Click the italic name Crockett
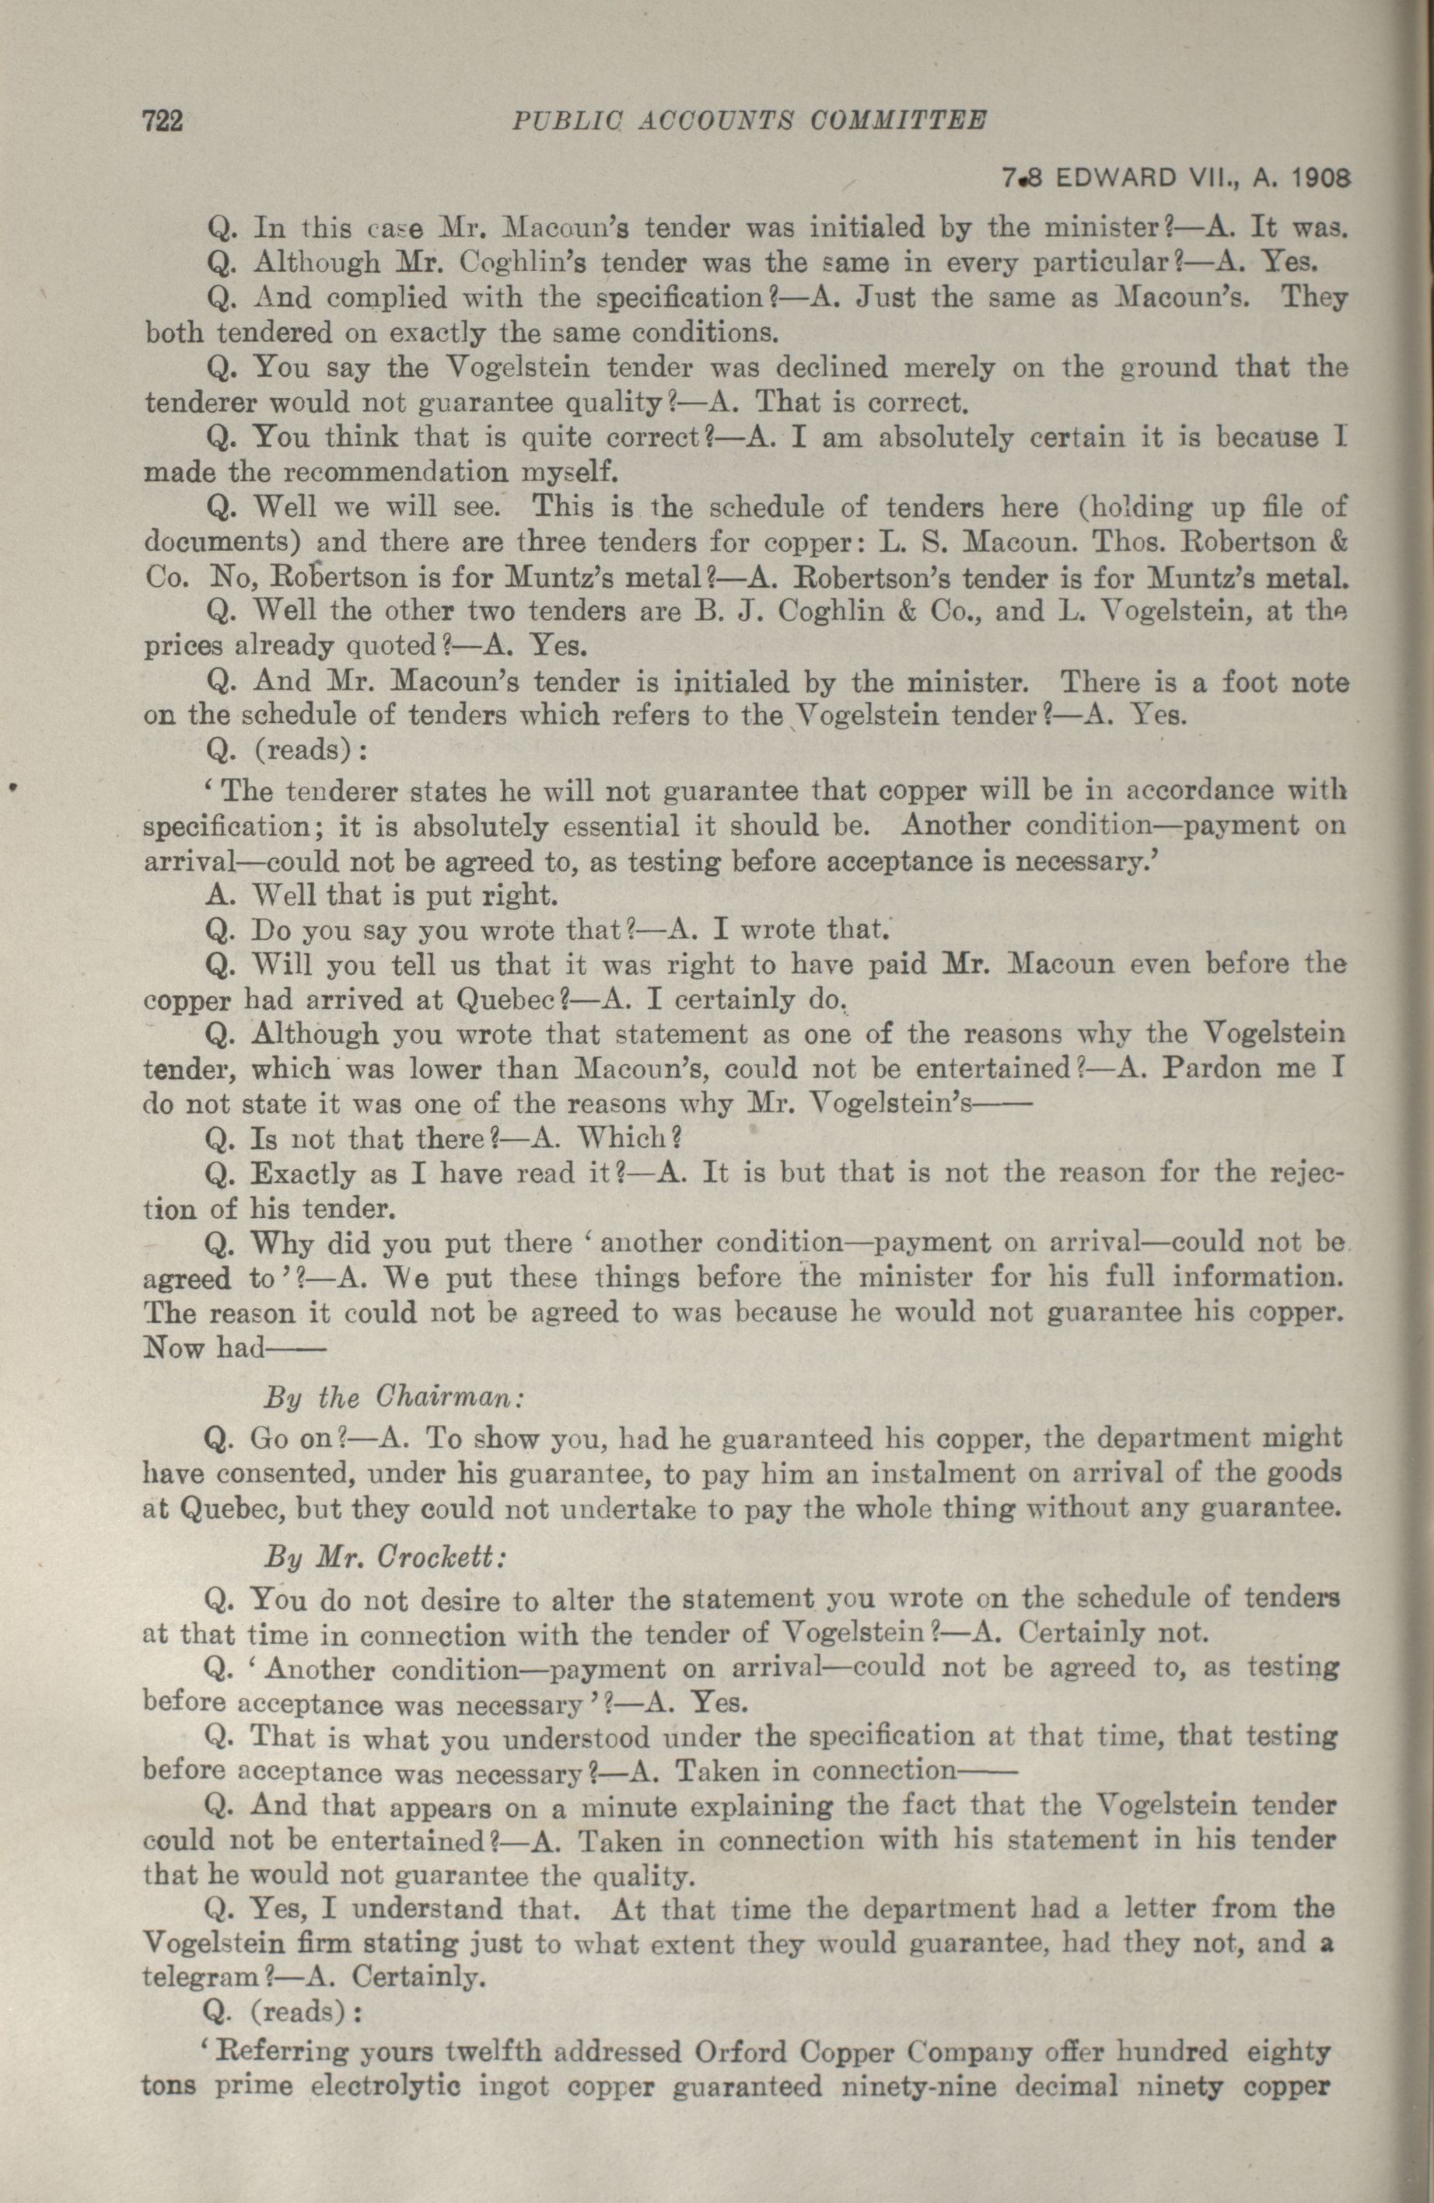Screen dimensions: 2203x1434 (x=446, y=1556)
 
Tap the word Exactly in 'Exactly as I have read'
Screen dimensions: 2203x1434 (x=305, y=1175)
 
